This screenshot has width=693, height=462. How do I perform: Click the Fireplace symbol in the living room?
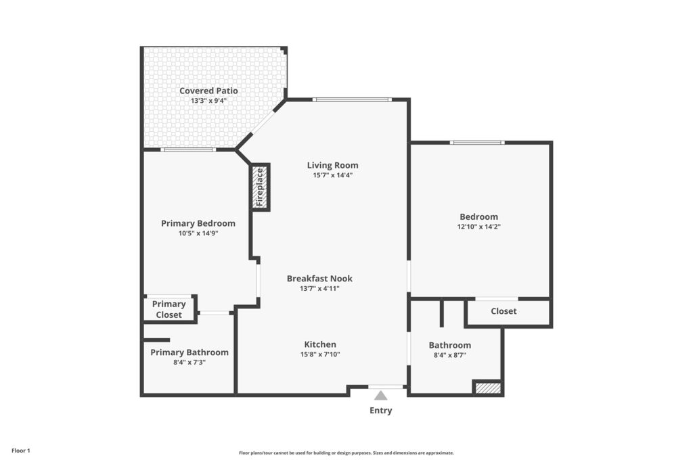pos(261,187)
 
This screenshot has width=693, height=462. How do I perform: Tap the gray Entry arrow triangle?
pos(380,395)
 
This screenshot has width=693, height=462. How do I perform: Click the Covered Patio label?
pos(208,91)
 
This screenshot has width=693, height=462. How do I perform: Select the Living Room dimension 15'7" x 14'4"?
pos(333,175)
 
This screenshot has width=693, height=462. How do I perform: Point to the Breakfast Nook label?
pos(319,278)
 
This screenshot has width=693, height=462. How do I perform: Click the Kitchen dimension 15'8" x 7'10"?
pos(320,354)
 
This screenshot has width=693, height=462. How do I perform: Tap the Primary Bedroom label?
pos(198,223)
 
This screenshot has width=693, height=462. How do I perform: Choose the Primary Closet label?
pos(169,309)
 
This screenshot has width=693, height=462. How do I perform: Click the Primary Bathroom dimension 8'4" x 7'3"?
pos(189,362)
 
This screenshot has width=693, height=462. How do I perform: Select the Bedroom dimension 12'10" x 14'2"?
pos(478,227)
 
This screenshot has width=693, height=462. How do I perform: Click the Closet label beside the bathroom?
pos(504,311)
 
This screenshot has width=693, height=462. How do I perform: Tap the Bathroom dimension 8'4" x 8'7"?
pos(450,354)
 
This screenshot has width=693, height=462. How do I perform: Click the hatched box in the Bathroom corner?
pos(488,388)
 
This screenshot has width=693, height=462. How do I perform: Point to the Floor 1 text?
pos(21,451)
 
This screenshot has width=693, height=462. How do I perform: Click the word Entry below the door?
pos(381,411)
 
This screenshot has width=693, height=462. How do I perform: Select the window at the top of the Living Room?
pos(352,99)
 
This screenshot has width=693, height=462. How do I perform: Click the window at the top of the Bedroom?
pos(477,142)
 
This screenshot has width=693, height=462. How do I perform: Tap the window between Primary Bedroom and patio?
pos(188,149)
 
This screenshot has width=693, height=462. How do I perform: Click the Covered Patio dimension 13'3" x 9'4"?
pos(208,101)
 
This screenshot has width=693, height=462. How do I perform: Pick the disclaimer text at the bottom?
pos(346,453)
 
